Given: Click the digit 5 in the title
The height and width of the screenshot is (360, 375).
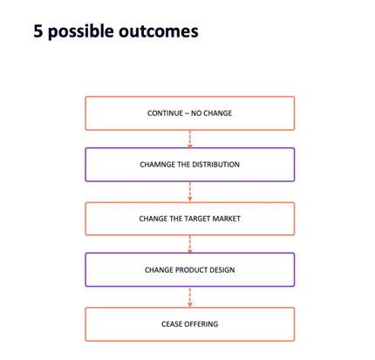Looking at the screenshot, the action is click(x=38, y=31).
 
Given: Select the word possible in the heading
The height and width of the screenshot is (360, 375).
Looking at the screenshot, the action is click(x=81, y=31).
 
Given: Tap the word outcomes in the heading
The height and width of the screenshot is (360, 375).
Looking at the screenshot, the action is click(x=159, y=31).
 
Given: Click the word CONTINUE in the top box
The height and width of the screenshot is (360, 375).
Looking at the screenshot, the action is click(x=165, y=113).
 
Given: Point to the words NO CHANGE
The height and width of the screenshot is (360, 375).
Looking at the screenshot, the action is click(x=211, y=113).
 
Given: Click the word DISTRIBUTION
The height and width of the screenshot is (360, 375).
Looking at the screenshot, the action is click(x=215, y=165).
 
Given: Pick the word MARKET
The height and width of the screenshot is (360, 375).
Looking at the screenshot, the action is click(x=227, y=219).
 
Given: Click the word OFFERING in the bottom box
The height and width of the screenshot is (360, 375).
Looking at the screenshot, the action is click(x=201, y=324).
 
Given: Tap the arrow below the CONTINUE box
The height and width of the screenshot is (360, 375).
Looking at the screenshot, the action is click(x=190, y=139).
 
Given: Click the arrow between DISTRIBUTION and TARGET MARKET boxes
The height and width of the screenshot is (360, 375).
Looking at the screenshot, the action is click(x=190, y=192).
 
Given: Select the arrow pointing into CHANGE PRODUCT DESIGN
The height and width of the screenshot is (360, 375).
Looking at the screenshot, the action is click(x=190, y=244).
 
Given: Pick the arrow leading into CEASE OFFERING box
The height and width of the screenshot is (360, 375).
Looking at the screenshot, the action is click(x=190, y=297).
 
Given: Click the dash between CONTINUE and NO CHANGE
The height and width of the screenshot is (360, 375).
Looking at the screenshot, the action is click(x=187, y=113).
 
